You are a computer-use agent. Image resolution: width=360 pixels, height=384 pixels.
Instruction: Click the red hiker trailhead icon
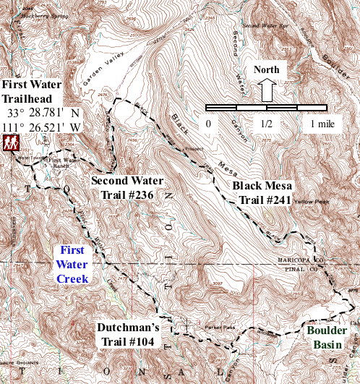(10, 144)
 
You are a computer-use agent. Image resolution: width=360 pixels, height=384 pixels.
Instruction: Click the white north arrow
(266, 90)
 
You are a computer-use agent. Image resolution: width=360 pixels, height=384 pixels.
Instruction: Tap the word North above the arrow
(267, 70)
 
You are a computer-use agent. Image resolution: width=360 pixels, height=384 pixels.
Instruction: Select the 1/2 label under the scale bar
(266, 124)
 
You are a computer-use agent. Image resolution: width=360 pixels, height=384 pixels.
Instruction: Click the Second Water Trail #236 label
(127, 187)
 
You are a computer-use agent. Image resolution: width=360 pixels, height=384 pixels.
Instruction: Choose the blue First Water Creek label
(73, 265)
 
